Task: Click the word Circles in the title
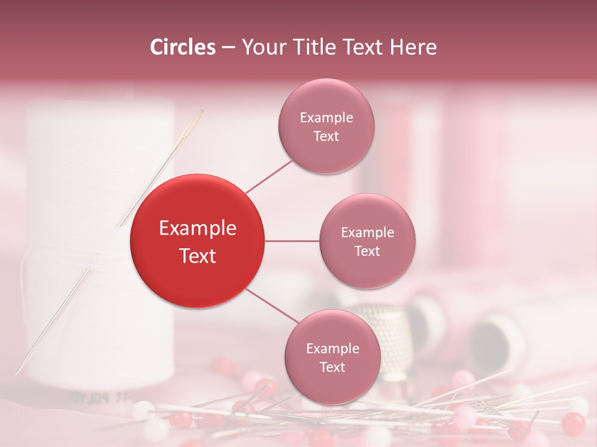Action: pyautogui.click(x=183, y=47)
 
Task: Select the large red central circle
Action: pyautogui.click(x=198, y=241)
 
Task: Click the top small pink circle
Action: pyautogui.click(x=326, y=126)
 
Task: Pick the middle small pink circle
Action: pyautogui.click(x=368, y=241)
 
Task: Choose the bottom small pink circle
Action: pyautogui.click(x=332, y=357)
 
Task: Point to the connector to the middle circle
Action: pyautogui.click(x=292, y=241)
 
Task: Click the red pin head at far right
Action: pyautogui.click(x=573, y=423)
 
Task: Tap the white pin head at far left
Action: pyautogui.click(x=142, y=409)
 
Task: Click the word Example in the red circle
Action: pyautogui.click(x=198, y=228)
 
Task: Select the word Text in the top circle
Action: pyautogui.click(x=326, y=136)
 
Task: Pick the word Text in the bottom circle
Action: pyautogui.click(x=332, y=367)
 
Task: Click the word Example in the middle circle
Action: pyautogui.click(x=368, y=232)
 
